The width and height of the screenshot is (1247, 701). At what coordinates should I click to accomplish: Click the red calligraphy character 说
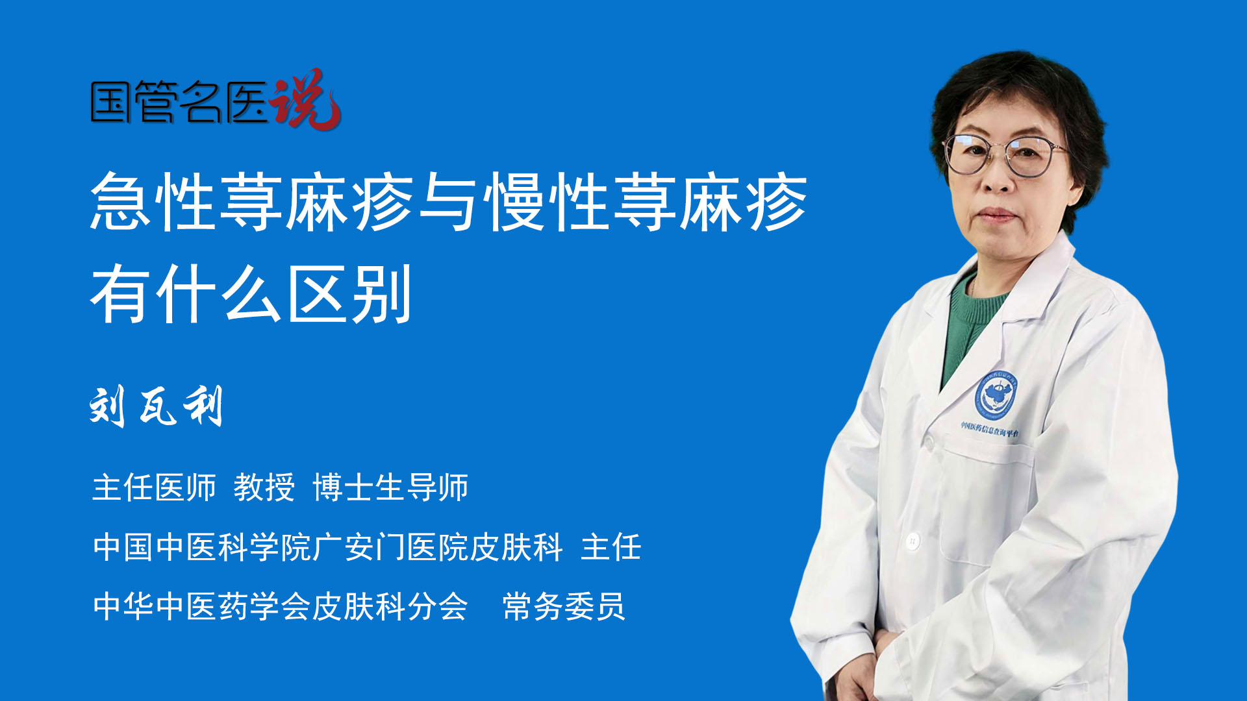point(305,99)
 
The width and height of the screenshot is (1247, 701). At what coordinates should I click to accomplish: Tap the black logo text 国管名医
point(179,102)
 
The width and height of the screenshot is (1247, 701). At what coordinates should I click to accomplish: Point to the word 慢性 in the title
point(548,202)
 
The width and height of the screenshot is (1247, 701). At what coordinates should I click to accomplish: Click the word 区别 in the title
point(349,294)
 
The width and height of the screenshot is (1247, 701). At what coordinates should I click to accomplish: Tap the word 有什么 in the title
point(186,294)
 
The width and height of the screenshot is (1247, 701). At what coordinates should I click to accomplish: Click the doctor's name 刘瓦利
point(157,406)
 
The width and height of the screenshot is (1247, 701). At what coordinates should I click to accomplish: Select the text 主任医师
point(154,487)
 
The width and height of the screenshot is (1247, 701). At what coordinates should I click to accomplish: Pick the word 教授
point(264,487)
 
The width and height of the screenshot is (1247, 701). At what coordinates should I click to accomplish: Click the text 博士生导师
point(390,487)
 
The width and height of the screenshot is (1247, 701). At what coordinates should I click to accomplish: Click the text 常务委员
point(564,606)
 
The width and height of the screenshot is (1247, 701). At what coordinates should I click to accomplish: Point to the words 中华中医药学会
point(202,606)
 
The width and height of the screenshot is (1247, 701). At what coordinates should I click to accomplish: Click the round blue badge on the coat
point(996,395)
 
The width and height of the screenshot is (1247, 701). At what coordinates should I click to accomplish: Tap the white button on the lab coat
point(913,540)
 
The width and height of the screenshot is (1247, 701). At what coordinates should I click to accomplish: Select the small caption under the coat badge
point(990,429)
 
